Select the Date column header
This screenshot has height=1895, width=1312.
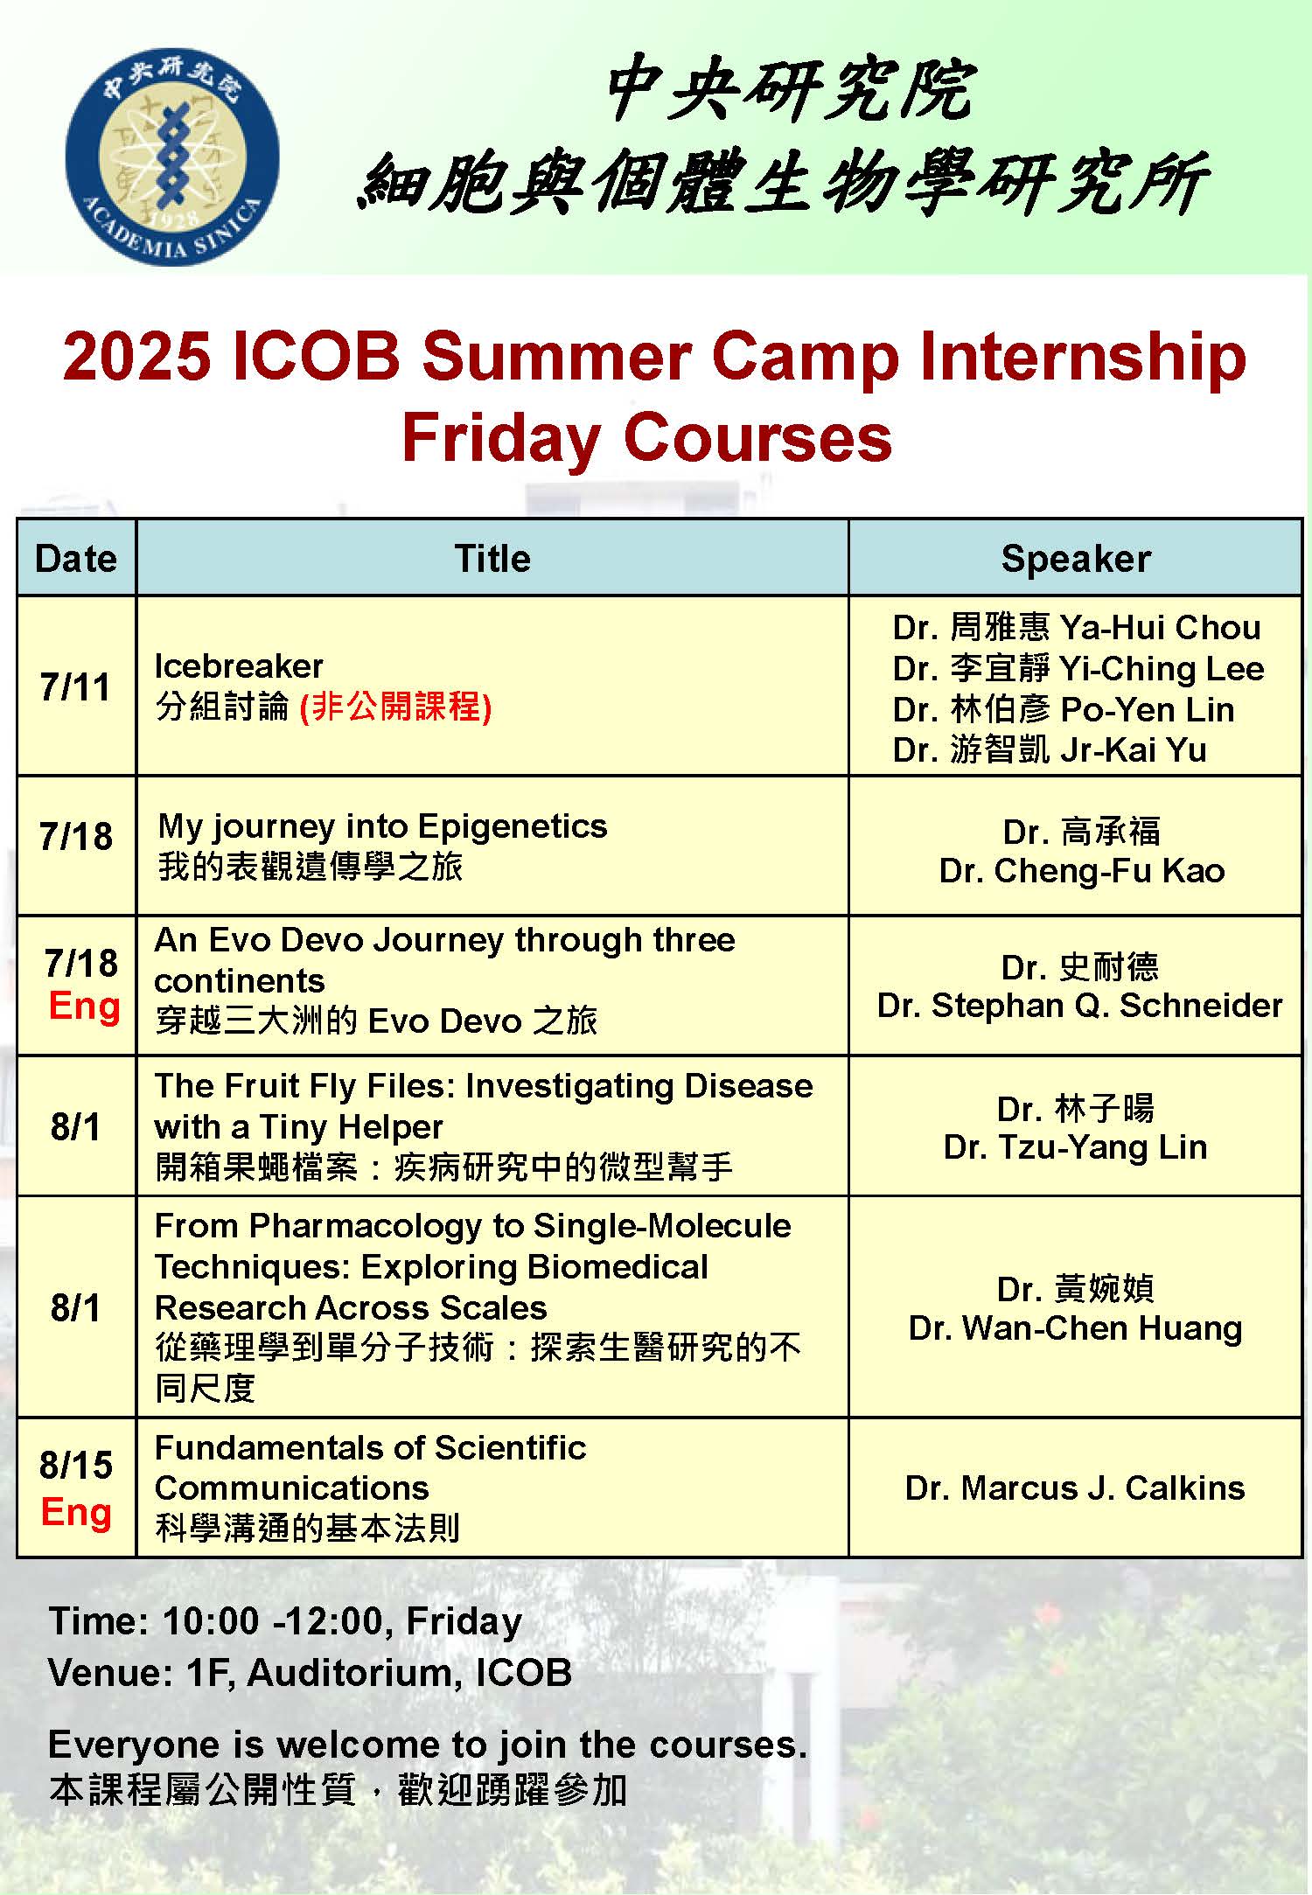76,559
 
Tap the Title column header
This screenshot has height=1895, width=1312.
492,559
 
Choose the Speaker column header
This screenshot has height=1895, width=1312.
1075,559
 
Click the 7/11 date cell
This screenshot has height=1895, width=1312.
76,687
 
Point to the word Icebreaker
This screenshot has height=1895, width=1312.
239,666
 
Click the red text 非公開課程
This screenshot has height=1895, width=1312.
395,707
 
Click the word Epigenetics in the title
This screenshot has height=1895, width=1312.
513,826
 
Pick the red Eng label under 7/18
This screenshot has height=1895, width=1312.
84,1006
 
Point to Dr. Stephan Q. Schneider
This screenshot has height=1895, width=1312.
1079,1006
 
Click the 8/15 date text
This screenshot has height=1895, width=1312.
76,1466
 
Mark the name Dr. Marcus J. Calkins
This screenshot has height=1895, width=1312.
1075,1487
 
